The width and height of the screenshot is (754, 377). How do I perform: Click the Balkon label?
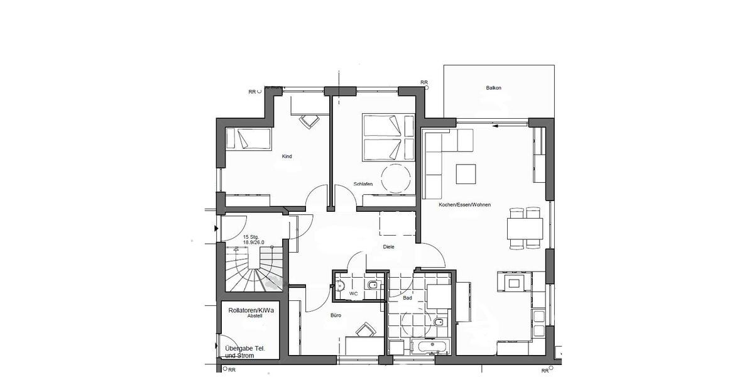coord(493,88)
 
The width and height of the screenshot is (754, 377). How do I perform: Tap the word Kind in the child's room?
coord(287,156)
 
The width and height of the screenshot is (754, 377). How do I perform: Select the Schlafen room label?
coord(363,184)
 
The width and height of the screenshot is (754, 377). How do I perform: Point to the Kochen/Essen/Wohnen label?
coord(464,205)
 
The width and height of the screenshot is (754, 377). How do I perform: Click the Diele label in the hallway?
coord(388,247)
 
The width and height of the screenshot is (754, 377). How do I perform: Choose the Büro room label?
coord(336,315)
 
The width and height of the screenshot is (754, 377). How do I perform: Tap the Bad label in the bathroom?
coord(408,298)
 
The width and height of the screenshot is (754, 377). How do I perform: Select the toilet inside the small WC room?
coord(373,287)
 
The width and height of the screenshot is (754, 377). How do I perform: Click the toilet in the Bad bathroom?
coord(438,323)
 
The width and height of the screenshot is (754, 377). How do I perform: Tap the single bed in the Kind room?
coord(249,139)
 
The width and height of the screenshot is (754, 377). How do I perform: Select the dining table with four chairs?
coord(525,228)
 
